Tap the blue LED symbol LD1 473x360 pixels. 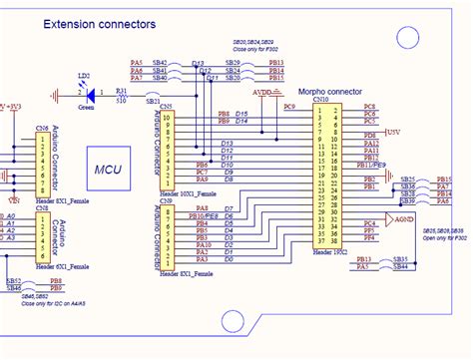[90, 95]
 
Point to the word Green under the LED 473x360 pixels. [87, 106]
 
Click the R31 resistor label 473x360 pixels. [122, 89]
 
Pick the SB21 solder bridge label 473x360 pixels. [153, 102]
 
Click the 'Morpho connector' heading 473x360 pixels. [323, 91]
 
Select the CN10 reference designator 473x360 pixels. [320, 100]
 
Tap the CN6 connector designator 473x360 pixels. [42, 129]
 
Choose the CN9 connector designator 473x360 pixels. [166, 201]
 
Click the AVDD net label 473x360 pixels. [262, 91]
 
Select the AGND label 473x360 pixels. [404, 217]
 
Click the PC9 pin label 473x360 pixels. [289, 105]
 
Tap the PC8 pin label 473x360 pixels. [369, 106]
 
